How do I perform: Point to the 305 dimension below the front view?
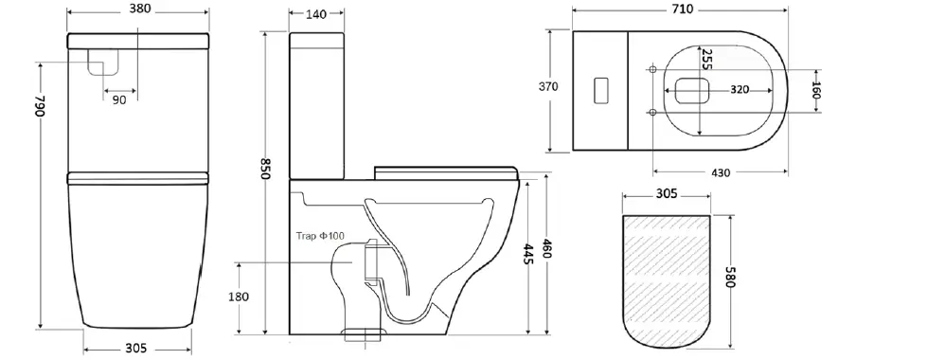(135, 349)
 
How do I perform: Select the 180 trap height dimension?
(239, 297)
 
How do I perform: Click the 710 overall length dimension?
(682, 9)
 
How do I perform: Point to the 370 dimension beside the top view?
(548, 87)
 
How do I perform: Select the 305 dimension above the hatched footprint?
(666, 193)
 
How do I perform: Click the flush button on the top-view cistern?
(599, 90)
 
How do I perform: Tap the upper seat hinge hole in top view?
(653, 68)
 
